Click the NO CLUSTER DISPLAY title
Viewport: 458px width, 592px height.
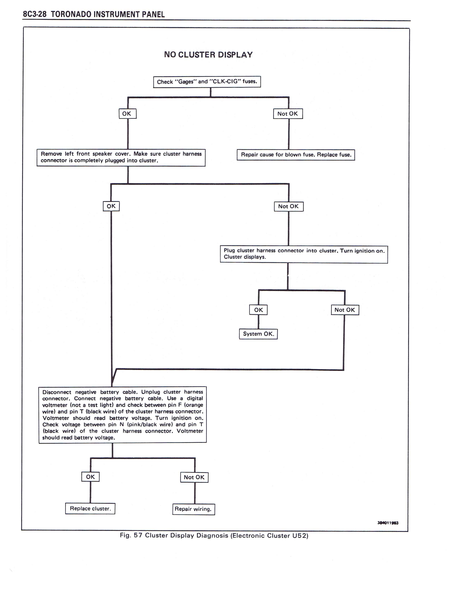pos(208,55)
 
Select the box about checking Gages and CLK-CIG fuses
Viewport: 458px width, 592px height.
pos(207,82)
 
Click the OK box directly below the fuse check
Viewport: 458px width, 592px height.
pos(128,114)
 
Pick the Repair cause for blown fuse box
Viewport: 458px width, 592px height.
pos(296,155)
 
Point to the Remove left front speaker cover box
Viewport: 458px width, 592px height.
pos(121,158)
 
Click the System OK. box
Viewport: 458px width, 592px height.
pos(258,334)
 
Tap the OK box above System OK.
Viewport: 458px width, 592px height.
pos(258,310)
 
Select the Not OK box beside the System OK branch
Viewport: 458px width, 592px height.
pos(345,310)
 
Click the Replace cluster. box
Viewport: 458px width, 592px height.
pos(90,509)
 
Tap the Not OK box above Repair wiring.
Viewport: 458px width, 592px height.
pos(194,477)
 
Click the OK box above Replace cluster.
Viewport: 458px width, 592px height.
pos(90,477)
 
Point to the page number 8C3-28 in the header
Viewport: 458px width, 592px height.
pos(35,14)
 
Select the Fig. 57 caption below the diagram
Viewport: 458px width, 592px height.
pos(214,536)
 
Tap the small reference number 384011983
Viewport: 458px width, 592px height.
pos(388,523)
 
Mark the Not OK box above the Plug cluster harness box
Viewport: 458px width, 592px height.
pos(289,206)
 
